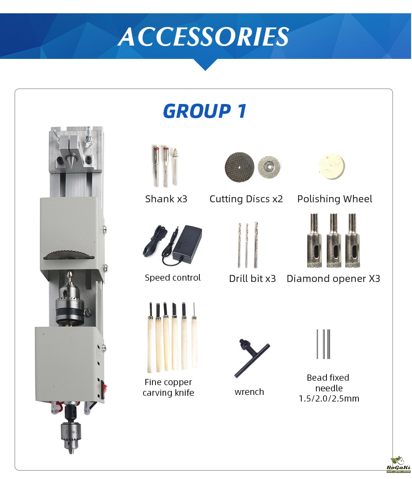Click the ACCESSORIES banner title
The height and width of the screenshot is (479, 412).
203,37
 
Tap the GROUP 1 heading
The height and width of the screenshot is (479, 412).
205,111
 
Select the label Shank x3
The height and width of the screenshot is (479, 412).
166,199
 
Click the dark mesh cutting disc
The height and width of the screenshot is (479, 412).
239,167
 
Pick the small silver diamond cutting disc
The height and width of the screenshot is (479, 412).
269,167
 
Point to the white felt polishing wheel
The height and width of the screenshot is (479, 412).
332,166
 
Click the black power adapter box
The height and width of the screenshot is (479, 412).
187,244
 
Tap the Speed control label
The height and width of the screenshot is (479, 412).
173,278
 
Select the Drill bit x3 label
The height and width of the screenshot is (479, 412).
253,278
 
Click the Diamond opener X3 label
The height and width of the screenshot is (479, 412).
334,278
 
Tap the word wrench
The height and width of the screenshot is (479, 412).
249,392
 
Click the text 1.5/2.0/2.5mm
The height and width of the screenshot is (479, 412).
329,399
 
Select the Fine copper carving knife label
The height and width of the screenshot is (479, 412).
168,387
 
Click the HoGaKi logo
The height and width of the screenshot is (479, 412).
399,465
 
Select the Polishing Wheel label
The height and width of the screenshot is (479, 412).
334,199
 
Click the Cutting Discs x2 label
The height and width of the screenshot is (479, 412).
246,199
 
